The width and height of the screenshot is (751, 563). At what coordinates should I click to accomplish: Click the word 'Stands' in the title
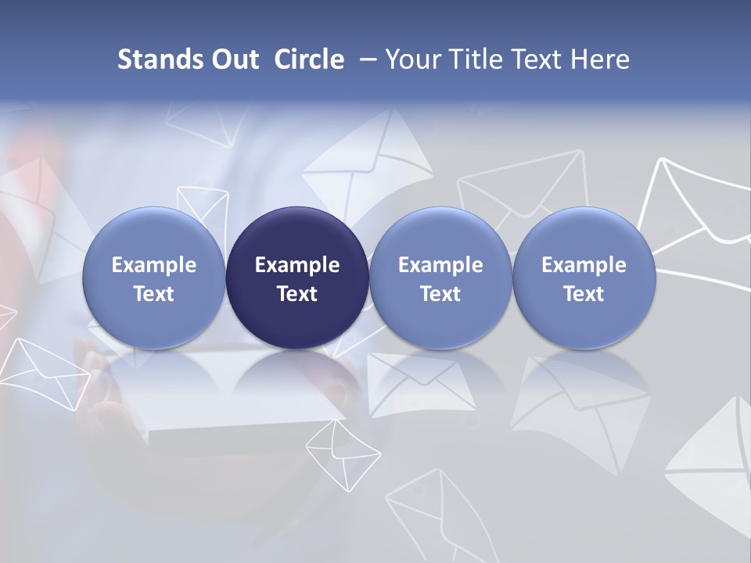(160, 59)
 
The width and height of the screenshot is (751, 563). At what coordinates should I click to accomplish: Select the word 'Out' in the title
(235, 59)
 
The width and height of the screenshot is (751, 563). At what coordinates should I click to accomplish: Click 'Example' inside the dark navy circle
(297, 265)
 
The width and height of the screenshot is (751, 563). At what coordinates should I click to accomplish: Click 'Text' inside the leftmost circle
(153, 294)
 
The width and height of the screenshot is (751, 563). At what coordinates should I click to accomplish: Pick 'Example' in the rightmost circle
(584, 265)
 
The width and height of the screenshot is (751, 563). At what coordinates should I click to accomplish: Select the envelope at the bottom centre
(426, 508)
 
